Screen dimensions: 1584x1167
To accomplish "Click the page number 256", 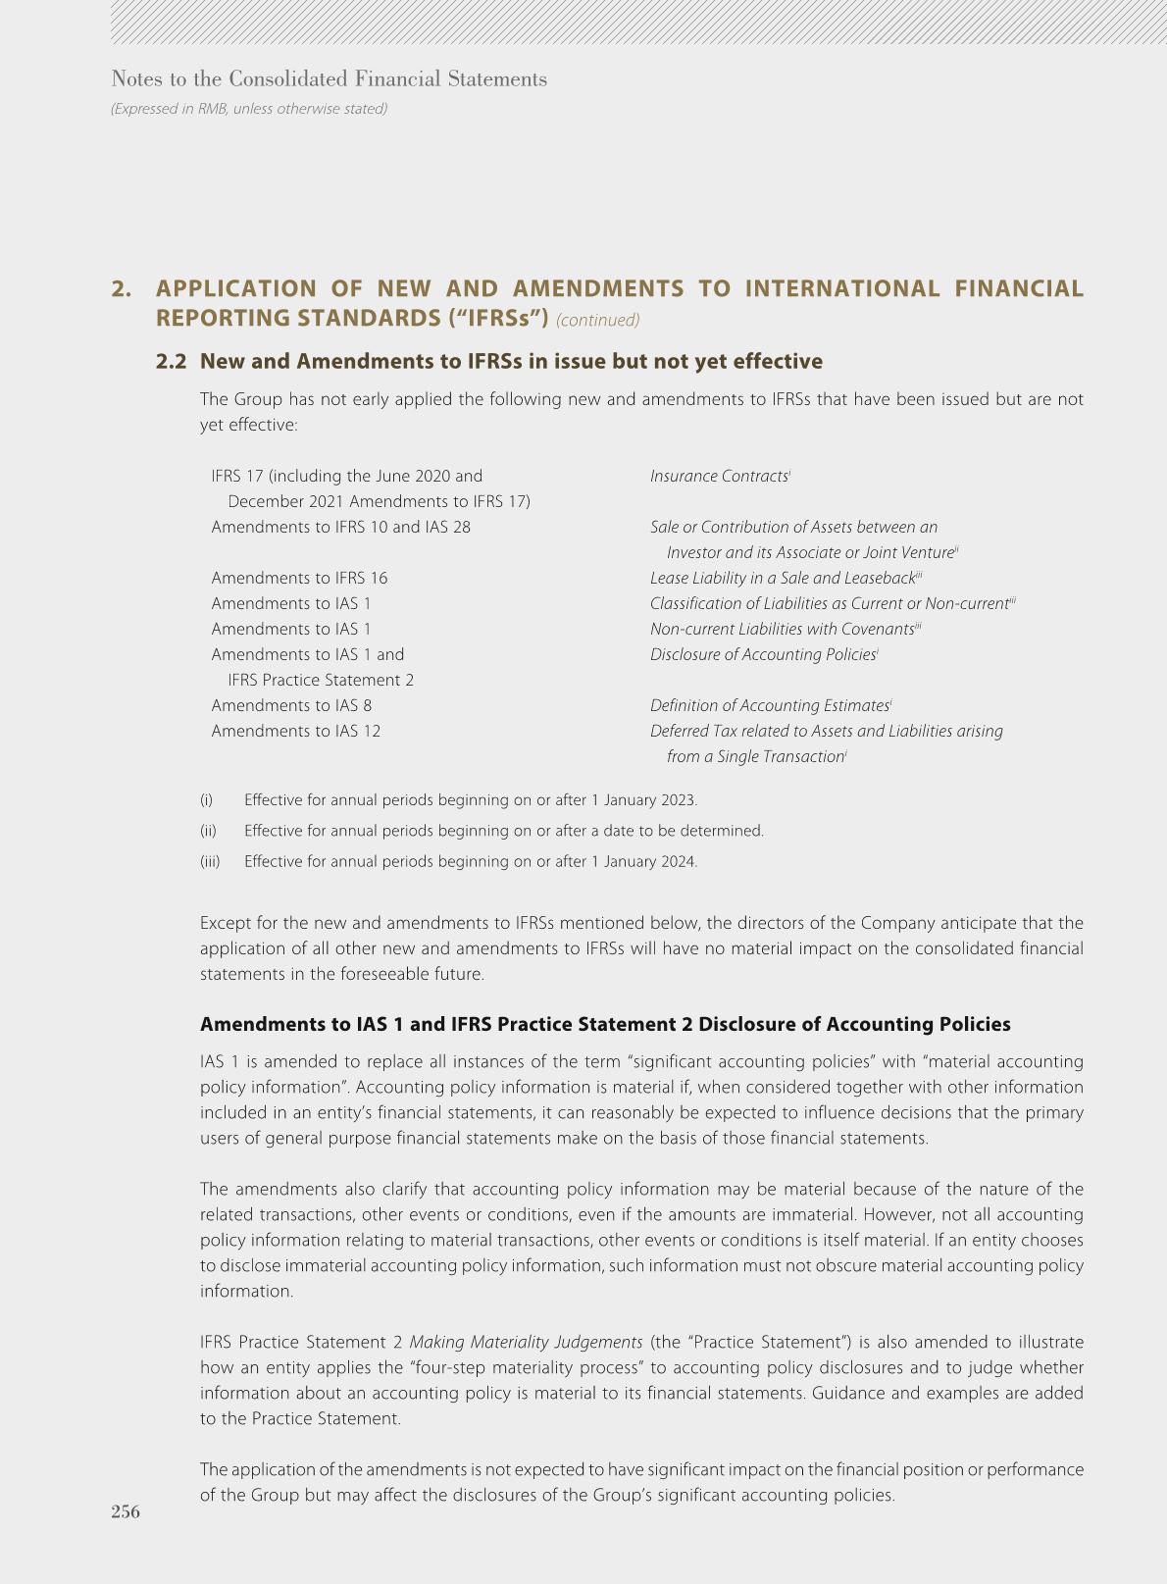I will [126, 1511].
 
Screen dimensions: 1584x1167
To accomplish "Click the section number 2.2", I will [171, 362].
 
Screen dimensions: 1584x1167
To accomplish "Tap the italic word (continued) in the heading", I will [597, 320].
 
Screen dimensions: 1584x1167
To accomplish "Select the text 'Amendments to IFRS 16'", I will [299, 579].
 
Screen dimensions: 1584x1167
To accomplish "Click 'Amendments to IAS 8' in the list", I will [291, 706].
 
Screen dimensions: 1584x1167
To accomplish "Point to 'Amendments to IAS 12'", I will [295, 732].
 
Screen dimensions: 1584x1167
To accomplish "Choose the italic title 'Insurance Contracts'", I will [719, 477].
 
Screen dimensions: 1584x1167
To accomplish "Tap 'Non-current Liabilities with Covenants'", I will [782, 630].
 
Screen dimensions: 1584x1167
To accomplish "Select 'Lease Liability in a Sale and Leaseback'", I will [782, 579].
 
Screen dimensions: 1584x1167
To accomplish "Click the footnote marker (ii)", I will [208, 832].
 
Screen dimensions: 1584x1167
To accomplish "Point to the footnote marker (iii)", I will [210, 862].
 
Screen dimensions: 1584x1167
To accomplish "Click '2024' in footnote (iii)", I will [678, 862].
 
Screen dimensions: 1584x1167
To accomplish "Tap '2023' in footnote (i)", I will [678, 800].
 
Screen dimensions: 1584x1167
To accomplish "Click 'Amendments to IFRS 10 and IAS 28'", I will [340, 528].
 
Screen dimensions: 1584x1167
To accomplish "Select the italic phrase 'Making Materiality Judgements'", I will [526, 1343].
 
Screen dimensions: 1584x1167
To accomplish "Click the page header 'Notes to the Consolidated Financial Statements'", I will [330, 79].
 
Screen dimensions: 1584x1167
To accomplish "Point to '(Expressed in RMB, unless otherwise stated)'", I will [249, 109].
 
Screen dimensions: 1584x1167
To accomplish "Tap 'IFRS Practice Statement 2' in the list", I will [321, 681].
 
